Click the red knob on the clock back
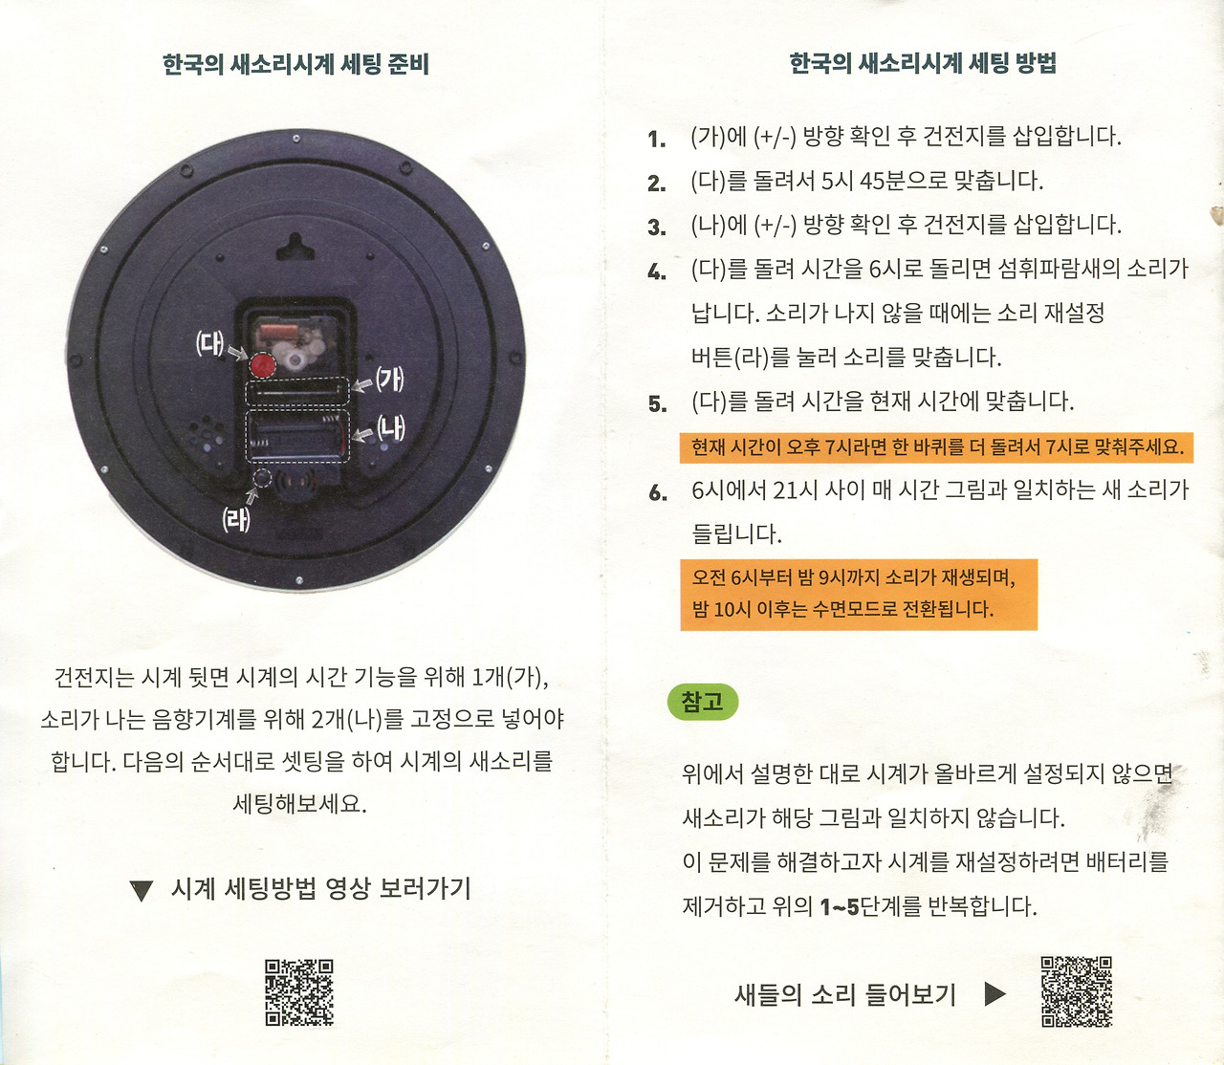coord(262,365)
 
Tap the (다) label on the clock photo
coord(209,344)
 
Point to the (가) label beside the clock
coord(389,380)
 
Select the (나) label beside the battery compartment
coord(390,428)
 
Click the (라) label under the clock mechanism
coord(235,520)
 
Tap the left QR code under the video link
coord(299,993)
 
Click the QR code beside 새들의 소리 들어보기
coord(1076,991)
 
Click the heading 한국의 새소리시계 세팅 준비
coord(296,65)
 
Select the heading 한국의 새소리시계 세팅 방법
coord(923,63)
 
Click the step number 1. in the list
coord(657,140)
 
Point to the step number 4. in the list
coord(657,272)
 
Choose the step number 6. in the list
coord(658,493)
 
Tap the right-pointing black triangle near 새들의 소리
coord(994,994)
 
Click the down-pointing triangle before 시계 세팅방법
coord(142,890)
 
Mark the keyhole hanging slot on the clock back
coord(295,248)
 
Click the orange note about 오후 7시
coord(936,447)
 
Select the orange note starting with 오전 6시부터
coord(859,595)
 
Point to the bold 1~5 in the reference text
coord(840,907)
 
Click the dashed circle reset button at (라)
coord(262,478)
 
